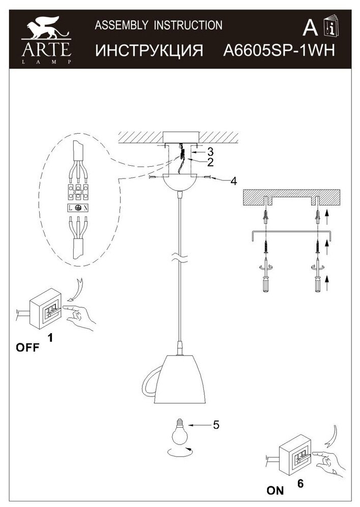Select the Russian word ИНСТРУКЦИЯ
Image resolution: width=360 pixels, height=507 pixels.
(149, 51)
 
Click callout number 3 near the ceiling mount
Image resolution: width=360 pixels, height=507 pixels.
(209, 152)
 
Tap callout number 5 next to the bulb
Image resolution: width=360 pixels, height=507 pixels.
(216, 425)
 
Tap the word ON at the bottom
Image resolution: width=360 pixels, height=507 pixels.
(275, 491)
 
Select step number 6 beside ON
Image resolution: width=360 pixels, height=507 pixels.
(300, 484)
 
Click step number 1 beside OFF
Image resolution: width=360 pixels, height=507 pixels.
(50, 337)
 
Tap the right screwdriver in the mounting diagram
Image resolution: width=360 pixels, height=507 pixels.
(317, 280)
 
